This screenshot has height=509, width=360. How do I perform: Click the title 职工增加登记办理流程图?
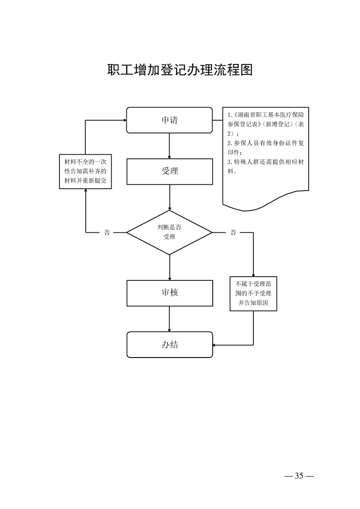(x=180, y=70)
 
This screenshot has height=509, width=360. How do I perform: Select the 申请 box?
(x=169, y=120)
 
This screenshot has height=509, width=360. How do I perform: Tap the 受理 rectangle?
(x=169, y=171)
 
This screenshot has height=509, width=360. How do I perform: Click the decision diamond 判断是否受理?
(x=169, y=232)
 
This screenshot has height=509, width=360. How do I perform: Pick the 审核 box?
(x=169, y=293)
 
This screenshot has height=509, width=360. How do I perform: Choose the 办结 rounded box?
(x=169, y=344)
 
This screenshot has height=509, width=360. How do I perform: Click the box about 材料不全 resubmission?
(x=85, y=172)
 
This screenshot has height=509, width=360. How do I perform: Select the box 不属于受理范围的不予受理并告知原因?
(x=253, y=294)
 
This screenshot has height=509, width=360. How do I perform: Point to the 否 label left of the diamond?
(x=107, y=233)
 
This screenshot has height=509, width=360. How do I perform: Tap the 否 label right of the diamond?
(x=233, y=233)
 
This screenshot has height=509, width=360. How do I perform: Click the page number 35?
(x=299, y=476)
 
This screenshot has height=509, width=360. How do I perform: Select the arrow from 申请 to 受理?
(x=169, y=146)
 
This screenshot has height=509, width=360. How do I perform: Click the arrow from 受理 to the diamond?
(x=169, y=197)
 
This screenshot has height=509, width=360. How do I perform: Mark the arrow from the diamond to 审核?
(x=169, y=267)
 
